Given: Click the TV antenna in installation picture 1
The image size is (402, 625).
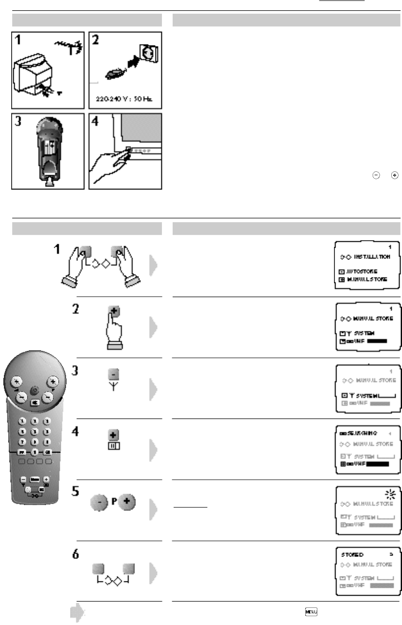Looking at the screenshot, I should [64, 46].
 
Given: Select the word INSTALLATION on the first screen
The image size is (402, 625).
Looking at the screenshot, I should [372, 256].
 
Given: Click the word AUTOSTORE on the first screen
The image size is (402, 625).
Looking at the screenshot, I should [366, 271].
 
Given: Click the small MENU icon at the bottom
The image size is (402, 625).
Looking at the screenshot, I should [310, 611].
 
